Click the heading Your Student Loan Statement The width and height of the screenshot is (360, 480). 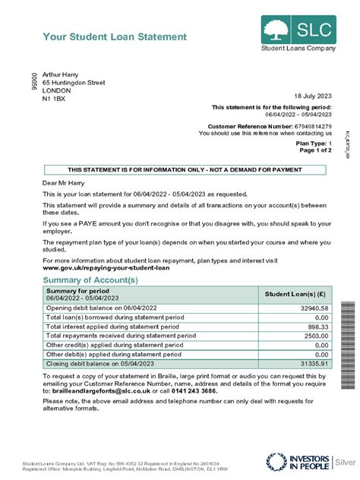click(114, 36)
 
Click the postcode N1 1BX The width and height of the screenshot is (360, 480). click(54, 99)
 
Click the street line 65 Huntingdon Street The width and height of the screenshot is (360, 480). click(74, 82)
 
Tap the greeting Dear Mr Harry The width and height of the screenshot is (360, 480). click(67, 184)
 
